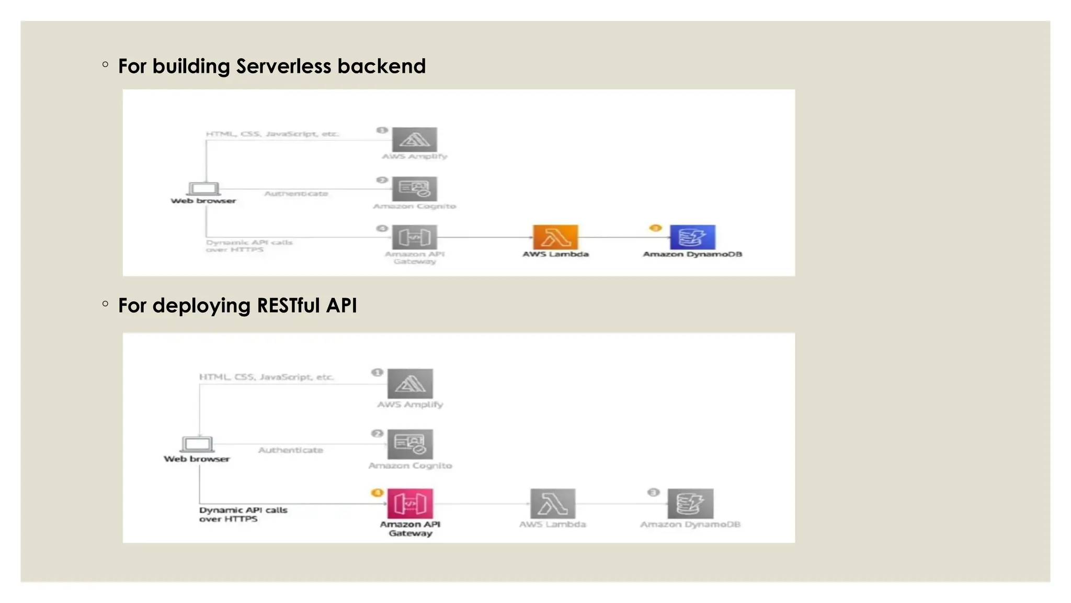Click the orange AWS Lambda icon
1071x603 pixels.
[555, 237]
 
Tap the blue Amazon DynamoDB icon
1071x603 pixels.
[692, 237]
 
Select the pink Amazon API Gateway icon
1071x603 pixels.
[410, 504]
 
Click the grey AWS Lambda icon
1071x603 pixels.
[553, 504]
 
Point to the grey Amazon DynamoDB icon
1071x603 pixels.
[690, 504]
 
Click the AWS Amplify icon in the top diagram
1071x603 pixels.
[414, 139]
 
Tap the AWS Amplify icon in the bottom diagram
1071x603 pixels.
[410, 384]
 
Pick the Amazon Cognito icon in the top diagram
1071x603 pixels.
[414, 189]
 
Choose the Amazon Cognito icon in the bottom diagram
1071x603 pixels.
[410, 444]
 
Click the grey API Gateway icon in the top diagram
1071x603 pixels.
[414, 237]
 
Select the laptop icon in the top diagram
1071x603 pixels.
[203, 188]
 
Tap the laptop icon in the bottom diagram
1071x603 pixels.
[197, 444]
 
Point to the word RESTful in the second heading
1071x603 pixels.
[288, 306]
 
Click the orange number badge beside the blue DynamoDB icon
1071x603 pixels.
[655, 228]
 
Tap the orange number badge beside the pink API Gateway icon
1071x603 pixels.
[377, 493]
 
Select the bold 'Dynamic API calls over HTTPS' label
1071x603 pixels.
[243, 514]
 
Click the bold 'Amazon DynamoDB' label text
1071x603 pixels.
[692, 254]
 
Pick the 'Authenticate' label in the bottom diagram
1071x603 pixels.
[291, 450]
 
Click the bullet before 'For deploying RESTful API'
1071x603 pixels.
[106, 304]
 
